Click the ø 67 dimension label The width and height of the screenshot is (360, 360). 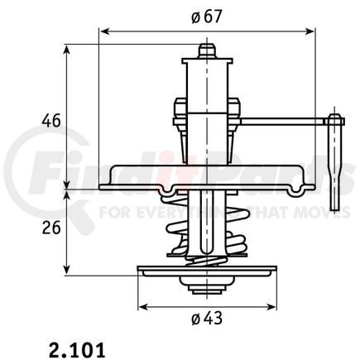pyautogui.click(x=206, y=17)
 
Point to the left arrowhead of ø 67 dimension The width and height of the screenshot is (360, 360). pyautogui.click(x=102, y=31)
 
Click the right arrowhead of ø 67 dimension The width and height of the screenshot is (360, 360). pyautogui.click(x=312, y=31)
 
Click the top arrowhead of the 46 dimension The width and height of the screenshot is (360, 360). pyautogui.click(x=67, y=48)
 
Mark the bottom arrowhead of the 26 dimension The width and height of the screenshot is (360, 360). pyautogui.click(x=67, y=271)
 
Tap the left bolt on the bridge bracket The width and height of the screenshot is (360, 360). pyautogui.click(x=179, y=112)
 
